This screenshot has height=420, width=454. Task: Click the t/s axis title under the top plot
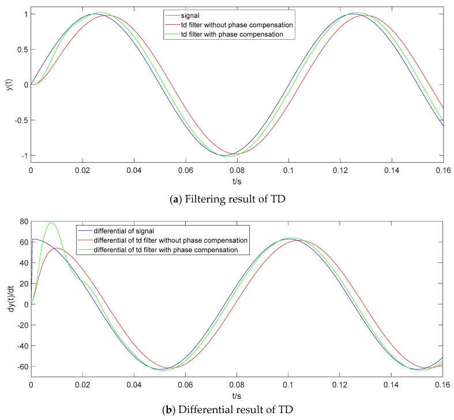237,181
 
